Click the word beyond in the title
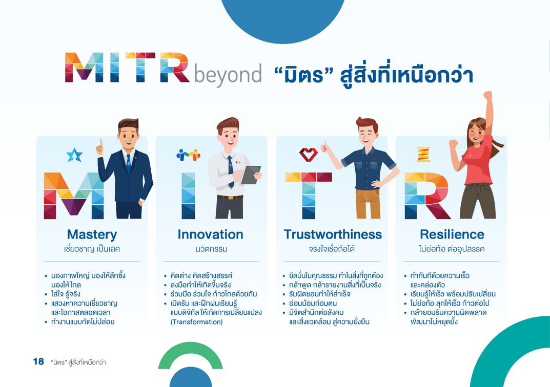point(228,74)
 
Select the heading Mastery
point(92,234)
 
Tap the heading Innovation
point(211,234)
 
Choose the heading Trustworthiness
point(333,234)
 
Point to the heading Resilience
point(452,234)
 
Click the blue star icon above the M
point(74,155)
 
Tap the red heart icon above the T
point(309,155)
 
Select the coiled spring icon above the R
point(423,155)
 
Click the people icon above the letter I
point(188,155)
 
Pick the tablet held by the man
point(251,175)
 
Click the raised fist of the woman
point(487,96)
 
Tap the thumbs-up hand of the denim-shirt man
point(325,147)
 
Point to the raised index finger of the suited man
point(101,143)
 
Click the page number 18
point(38,361)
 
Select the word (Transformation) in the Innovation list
point(196,322)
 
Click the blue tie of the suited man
point(129,164)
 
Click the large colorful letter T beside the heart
point(309,196)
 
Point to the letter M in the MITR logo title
point(84,67)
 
